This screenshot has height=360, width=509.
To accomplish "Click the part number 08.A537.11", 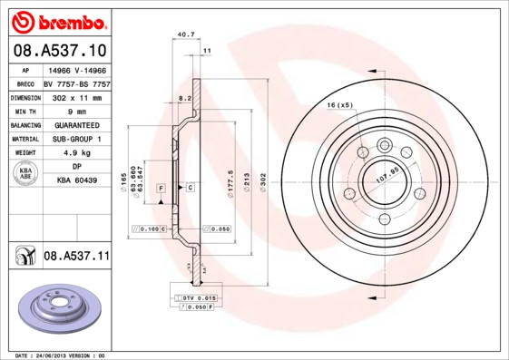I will click(76, 258).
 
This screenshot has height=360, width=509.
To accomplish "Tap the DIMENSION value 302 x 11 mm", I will click(76, 96).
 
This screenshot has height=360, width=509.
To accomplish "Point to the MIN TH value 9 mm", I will click(76, 110).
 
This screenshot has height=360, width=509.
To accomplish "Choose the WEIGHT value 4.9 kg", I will click(76, 153).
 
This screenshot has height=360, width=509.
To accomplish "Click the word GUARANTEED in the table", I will click(76, 124).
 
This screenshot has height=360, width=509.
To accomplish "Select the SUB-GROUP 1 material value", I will click(76, 139).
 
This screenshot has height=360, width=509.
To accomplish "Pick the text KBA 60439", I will click(76, 181).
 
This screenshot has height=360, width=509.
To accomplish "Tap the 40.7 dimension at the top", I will click(186, 34).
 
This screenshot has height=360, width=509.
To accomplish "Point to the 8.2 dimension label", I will click(184, 96).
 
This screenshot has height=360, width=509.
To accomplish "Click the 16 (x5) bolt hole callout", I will click(339, 105).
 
